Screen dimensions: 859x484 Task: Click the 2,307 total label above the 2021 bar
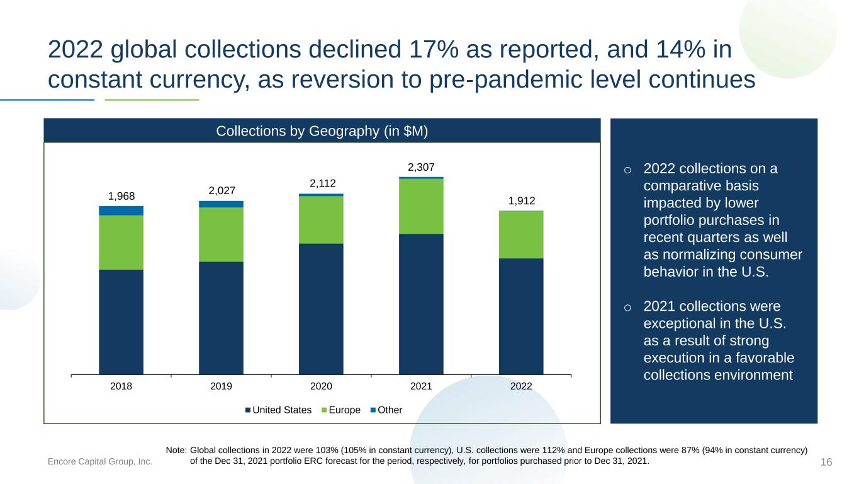pos(421,167)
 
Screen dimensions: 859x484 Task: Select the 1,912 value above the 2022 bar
pos(522,200)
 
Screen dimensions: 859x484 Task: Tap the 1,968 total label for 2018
pos(121,196)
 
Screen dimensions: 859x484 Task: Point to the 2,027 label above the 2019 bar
pos(222,190)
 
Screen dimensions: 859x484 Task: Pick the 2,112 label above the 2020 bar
pos(322,183)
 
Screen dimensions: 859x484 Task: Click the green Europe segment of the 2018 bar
pos(121,243)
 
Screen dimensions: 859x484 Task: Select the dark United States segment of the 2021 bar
pos(421,304)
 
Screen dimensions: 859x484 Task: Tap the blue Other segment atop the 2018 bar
pos(121,211)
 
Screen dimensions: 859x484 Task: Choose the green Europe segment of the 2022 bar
pos(521,234)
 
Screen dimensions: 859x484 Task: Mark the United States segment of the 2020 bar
pos(321,309)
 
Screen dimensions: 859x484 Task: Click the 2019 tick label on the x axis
pos(221,386)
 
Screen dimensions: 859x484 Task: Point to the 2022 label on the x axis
pos(521,386)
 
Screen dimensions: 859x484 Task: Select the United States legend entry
pos(278,410)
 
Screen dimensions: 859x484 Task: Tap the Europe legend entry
pos(341,410)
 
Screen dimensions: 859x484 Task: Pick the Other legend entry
pos(386,410)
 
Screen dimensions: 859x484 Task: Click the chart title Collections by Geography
pos(322,131)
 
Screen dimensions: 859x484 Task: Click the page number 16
pos(826,462)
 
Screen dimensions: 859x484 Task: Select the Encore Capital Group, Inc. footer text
pos(100,461)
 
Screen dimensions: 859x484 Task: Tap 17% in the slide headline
pos(434,49)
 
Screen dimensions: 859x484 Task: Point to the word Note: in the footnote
pos(176,450)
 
